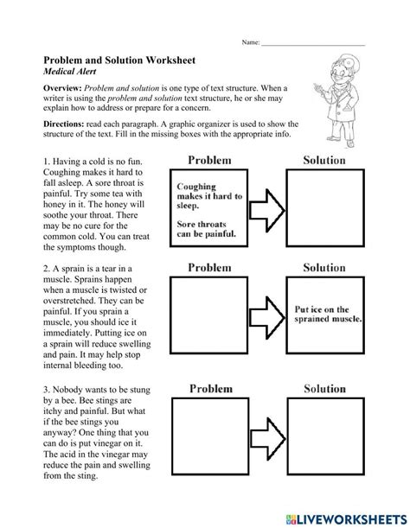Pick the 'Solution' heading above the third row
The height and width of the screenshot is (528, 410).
tap(324, 390)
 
